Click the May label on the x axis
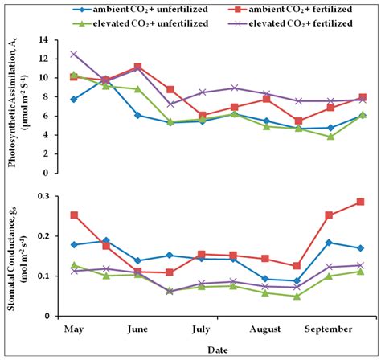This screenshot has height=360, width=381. point(74,329)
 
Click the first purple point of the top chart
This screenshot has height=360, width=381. point(74,55)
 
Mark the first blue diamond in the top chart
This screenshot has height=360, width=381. point(74,100)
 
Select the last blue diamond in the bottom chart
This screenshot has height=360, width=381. point(360,248)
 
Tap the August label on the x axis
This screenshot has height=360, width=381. point(264,329)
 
